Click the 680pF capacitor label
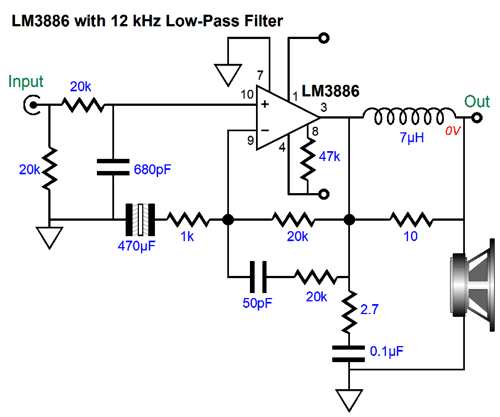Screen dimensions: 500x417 [x=152, y=170]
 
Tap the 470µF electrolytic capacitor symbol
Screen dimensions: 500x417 [x=140, y=220]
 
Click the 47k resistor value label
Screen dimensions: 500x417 [x=329, y=156]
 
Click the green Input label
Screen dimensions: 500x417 [x=26, y=81]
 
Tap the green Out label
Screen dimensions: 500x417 [x=477, y=101]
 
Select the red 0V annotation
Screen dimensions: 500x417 [x=453, y=131]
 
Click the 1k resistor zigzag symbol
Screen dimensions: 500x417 [x=188, y=220]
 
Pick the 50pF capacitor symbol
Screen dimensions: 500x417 [x=258, y=277]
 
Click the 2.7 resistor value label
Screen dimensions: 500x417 [x=369, y=309]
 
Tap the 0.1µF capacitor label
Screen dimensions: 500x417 [x=387, y=351]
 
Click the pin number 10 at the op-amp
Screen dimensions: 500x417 [x=247, y=95]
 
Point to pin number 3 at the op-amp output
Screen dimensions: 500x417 [x=324, y=107]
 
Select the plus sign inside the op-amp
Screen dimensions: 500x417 [x=265, y=104]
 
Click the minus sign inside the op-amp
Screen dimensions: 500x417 [x=265, y=130]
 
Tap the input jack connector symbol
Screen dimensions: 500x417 [x=32, y=105]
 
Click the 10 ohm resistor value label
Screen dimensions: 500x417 [x=410, y=236]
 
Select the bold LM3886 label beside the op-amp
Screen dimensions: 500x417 [x=330, y=91]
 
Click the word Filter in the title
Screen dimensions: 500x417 [x=264, y=21]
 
